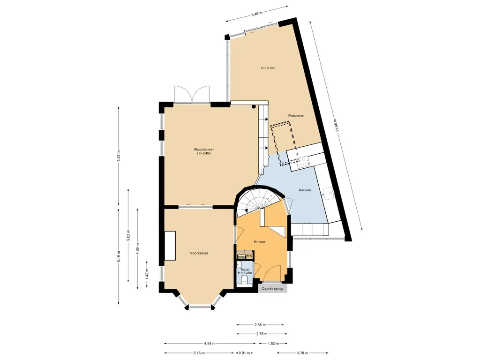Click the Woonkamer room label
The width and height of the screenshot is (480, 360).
203,150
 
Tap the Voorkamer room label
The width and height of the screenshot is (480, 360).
199,253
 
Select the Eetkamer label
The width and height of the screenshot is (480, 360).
296,116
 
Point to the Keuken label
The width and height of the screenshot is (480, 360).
305,190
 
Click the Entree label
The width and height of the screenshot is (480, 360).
260,242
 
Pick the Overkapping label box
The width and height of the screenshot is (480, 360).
272,289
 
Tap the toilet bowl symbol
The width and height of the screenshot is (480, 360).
245,280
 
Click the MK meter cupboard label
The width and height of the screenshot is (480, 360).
249,255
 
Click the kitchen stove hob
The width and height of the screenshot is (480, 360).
303,162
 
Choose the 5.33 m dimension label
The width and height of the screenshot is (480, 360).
119,157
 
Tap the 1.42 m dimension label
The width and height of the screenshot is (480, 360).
147,274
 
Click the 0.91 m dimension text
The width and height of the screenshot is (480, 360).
244,353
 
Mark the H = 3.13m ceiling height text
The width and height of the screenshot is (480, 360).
268,68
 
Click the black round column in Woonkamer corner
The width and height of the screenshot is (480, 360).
254,106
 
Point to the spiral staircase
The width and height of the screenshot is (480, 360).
259,201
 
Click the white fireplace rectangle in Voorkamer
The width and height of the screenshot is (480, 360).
170,246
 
